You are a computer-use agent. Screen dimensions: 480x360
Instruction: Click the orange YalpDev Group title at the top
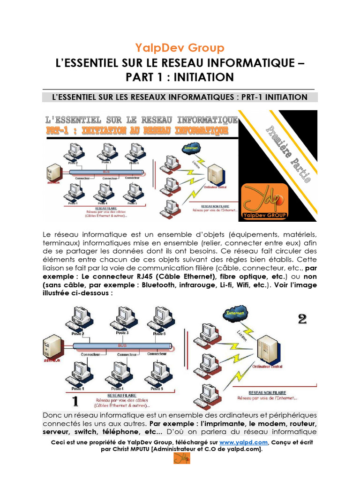180,48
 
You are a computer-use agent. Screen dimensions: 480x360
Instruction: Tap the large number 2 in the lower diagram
302,319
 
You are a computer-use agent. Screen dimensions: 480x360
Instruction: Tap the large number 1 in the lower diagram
74,401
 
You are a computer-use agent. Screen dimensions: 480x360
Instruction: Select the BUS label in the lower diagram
122,345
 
